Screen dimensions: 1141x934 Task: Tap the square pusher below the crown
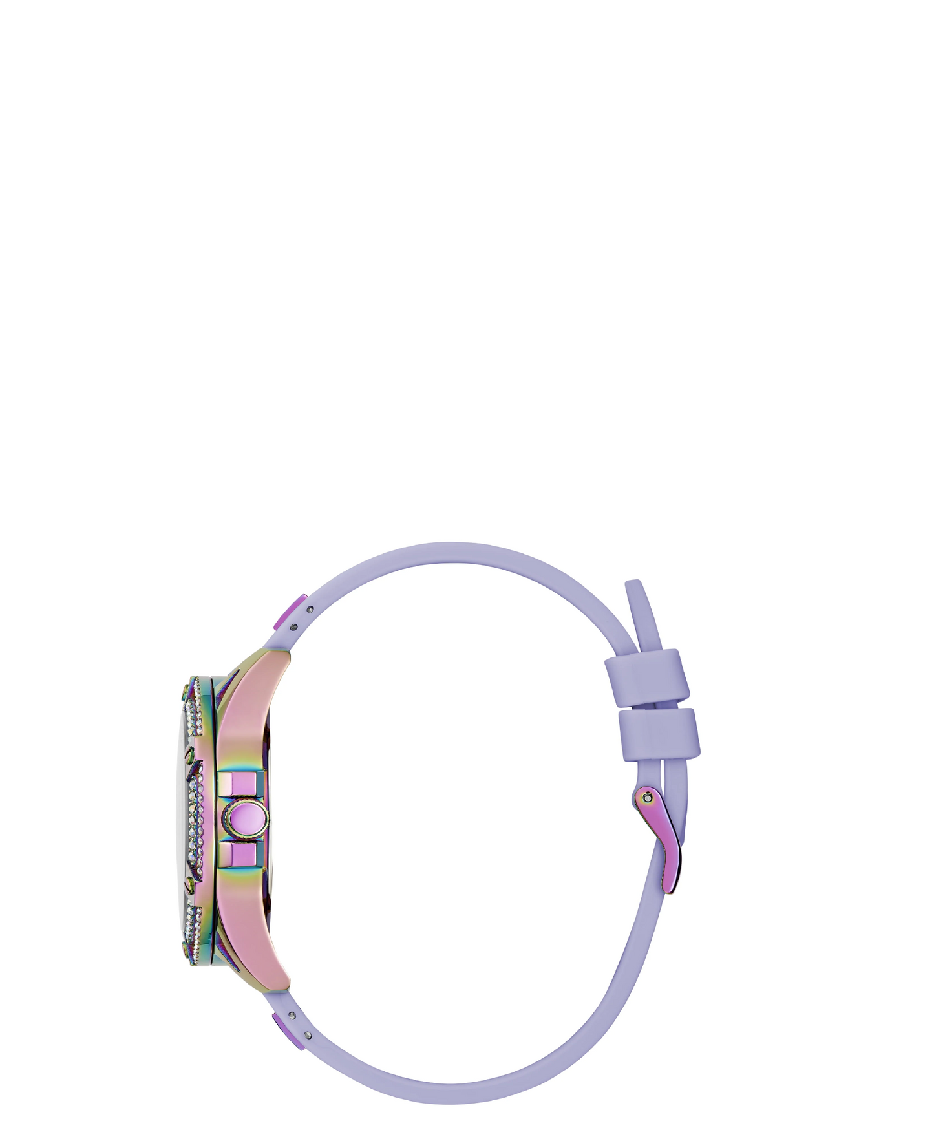pos(240,856)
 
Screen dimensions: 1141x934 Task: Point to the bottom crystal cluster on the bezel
pos(193,924)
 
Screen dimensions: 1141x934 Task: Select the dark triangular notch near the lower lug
pos(224,954)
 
